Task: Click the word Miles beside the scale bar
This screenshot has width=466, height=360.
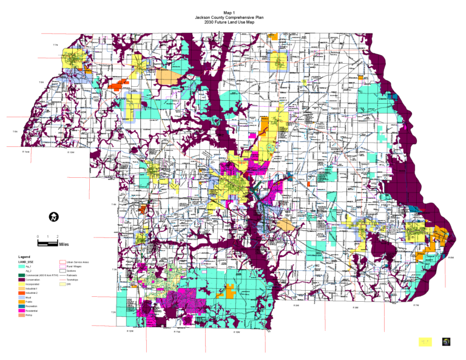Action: (64, 244)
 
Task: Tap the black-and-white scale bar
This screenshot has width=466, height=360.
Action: (47, 243)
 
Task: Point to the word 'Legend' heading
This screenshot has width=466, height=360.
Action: (25, 257)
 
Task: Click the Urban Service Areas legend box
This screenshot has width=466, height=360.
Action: (62, 262)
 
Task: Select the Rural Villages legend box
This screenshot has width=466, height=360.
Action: (62, 267)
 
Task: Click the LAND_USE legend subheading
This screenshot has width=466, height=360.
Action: (27, 262)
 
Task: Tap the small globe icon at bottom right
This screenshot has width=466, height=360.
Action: (446, 342)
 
